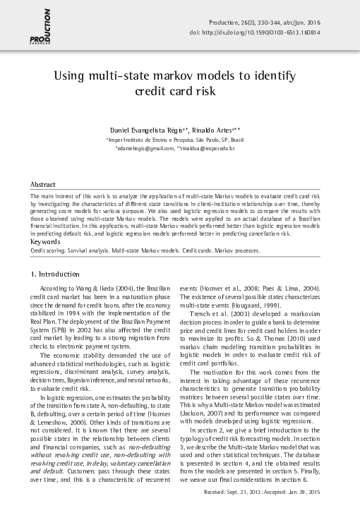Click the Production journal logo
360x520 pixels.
click(40, 24)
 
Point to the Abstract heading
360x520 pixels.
click(44, 183)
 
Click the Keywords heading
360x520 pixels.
click(46, 241)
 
